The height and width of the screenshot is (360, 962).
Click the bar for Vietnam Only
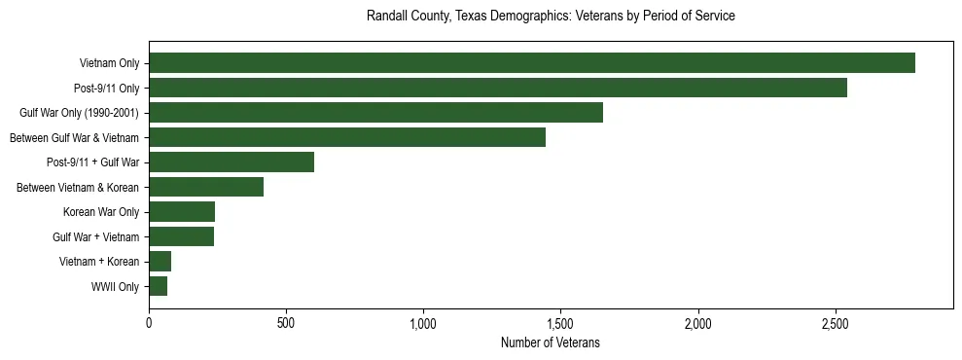[x=531, y=63]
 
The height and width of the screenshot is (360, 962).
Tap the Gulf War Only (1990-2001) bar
[x=375, y=113]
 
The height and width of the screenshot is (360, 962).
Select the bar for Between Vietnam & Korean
[x=206, y=187]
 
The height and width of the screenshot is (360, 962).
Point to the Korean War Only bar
[x=182, y=212]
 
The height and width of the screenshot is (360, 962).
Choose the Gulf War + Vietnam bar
[x=181, y=236]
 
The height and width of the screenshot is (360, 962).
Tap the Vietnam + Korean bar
[x=160, y=262]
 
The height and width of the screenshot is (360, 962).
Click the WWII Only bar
[x=158, y=286]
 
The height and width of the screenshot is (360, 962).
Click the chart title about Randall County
[x=551, y=17]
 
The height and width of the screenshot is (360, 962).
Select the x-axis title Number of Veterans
[x=551, y=343]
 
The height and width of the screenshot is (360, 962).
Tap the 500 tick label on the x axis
[x=286, y=323]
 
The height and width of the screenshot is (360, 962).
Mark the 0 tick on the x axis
[x=149, y=323]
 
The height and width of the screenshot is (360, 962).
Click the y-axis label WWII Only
[x=115, y=287]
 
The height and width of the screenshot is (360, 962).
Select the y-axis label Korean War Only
[x=101, y=212]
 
